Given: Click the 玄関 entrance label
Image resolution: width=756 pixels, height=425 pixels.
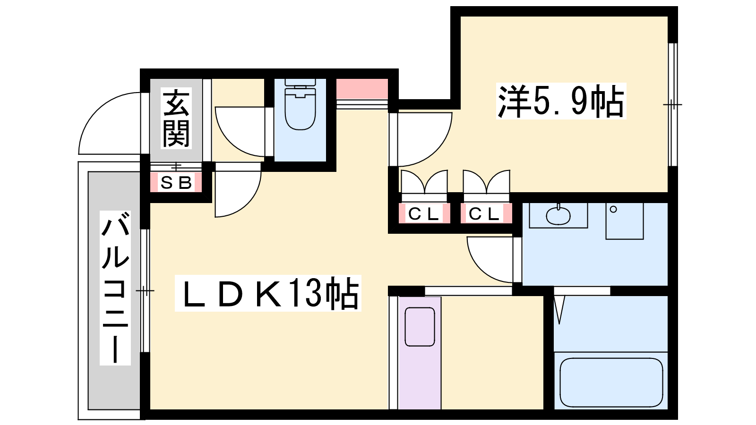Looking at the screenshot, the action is click(x=176, y=118).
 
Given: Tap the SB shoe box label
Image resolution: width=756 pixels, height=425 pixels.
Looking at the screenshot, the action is click(x=176, y=182).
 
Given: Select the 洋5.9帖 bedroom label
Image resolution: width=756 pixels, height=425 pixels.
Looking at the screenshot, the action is click(x=561, y=101).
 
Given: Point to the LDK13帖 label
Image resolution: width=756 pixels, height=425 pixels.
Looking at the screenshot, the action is click(x=268, y=293).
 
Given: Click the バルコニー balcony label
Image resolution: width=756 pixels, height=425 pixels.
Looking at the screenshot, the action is click(x=115, y=288).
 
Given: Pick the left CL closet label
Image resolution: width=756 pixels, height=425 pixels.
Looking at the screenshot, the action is click(x=424, y=213).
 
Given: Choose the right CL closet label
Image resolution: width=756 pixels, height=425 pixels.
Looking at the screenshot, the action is click(x=484, y=213).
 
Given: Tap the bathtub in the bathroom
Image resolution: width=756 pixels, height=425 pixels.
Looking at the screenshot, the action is click(x=611, y=383).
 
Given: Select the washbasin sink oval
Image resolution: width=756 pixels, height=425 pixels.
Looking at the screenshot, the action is click(x=558, y=215).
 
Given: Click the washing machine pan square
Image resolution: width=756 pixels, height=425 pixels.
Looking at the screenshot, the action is click(x=625, y=221).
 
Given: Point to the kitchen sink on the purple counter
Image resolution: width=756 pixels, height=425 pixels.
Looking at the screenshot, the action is click(x=420, y=326).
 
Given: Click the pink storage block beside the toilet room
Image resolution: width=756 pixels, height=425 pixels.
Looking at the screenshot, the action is click(x=362, y=89).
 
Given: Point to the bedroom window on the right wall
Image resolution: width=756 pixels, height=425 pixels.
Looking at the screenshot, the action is click(x=673, y=104).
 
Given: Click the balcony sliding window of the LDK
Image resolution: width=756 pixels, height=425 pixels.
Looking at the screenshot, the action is click(x=145, y=291).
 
